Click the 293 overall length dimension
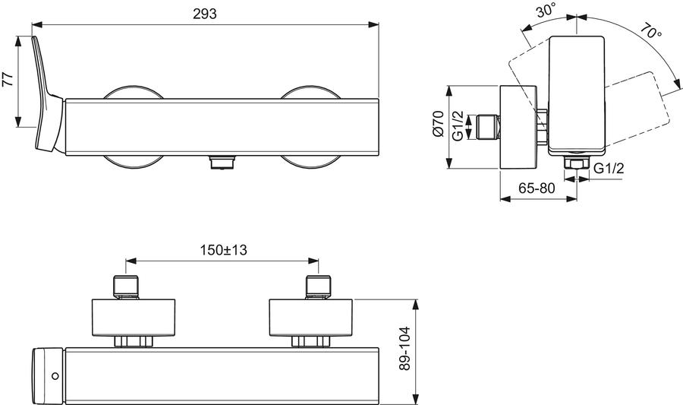(205, 14)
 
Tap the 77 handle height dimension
(8, 81)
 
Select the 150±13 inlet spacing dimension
(223, 250)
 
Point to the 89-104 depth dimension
(405, 348)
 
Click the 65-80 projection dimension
(537, 188)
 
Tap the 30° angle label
(546, 10)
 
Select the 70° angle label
(651, 31)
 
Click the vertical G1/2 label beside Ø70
(458, 126)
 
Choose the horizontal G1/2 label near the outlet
(609, 168)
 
